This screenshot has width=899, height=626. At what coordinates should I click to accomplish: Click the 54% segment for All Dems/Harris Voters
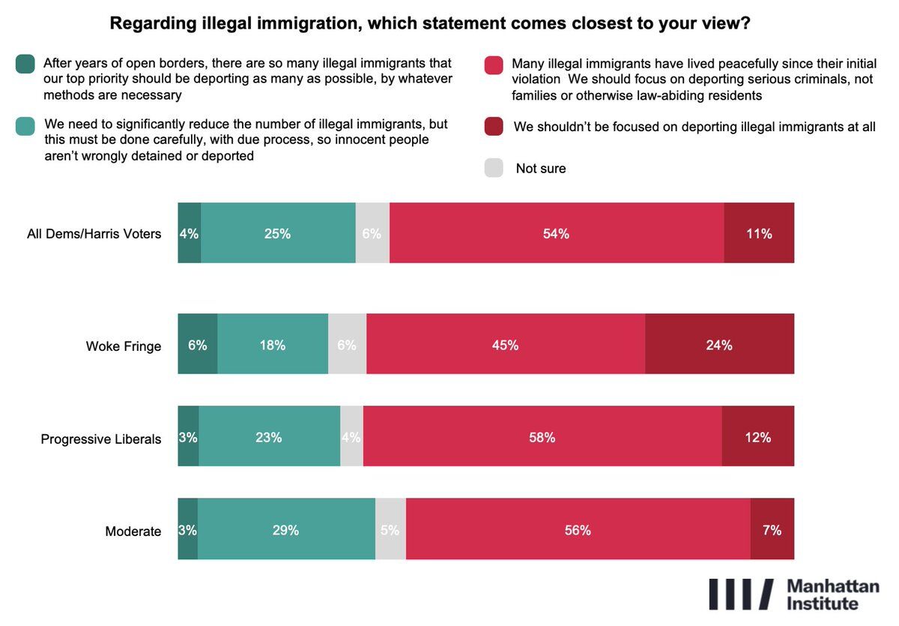point(557,233)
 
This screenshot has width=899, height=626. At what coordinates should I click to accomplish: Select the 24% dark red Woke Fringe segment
point(719,345)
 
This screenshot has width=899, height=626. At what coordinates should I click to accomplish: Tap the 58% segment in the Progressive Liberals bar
point(542,437)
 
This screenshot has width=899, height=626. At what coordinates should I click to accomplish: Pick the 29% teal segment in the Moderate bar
point(286,530)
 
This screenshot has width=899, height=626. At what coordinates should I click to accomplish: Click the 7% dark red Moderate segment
point(772,530)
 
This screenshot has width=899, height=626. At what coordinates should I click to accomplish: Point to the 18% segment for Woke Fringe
point(273,345)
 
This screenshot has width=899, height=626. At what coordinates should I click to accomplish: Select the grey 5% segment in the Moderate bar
point(390,530)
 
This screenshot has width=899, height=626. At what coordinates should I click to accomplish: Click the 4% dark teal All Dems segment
point(189,233)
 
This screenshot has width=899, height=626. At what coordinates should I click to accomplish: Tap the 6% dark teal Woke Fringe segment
point(198,345)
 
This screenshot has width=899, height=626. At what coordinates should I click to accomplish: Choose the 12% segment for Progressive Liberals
point(757,437)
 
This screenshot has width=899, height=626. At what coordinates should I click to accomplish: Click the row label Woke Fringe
point(124,346)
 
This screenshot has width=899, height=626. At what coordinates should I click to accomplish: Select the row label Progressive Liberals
point(101,439)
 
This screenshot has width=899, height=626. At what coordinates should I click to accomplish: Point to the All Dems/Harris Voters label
point(94,234)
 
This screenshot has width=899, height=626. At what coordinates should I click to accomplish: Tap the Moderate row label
point(133,532)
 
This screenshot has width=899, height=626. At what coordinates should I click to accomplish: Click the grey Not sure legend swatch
point(494,168)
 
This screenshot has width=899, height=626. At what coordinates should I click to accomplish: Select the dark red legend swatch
point(494,127)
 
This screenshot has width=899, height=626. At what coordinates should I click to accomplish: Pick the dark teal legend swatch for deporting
point(25,65)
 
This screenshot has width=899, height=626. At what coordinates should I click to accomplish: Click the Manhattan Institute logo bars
point(740,594)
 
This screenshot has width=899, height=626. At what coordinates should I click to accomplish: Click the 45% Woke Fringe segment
point(506,345)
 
